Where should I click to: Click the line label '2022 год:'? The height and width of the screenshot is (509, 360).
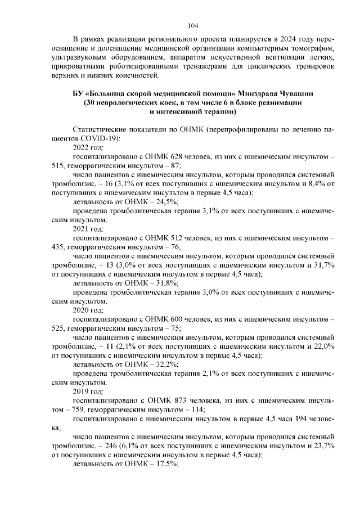click(x=88, y=147)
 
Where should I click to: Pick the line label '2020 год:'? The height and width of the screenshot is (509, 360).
click(x=88, y=310)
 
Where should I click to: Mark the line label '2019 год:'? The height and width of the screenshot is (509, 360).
click(x=88, y=391)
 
